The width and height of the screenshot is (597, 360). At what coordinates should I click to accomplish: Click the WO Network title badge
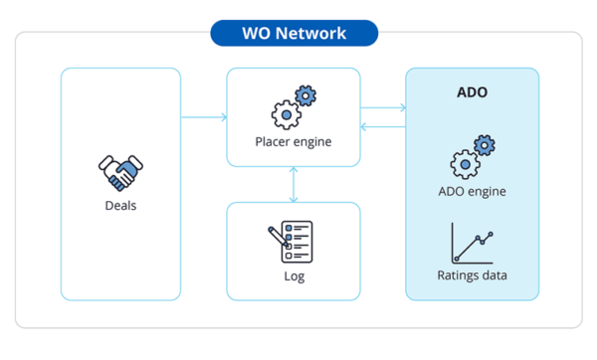[294, 33]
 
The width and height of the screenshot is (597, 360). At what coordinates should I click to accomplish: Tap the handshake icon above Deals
[120, 172]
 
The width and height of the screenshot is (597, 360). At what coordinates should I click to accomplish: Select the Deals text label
[120, 207]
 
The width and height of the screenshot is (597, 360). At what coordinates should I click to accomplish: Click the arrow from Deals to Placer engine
[204, 118]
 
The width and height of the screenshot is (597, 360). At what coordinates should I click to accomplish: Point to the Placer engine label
[293, 141]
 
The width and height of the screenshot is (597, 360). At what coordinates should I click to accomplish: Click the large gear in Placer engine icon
[287, 114]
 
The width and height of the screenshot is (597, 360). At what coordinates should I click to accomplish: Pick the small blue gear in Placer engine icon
[306, 96]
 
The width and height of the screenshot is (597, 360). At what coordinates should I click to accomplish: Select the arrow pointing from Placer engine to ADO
[382, 106]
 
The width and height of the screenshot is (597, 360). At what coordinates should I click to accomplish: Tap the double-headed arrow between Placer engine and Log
[293, 184]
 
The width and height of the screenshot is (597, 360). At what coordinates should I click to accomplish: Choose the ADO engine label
[472, 191]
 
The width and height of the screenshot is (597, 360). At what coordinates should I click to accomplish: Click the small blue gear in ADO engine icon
[485, 145]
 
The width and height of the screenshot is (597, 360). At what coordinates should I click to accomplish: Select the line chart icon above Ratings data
[472, 243]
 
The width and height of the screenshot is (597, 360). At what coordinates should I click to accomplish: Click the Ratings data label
[472, 274]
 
